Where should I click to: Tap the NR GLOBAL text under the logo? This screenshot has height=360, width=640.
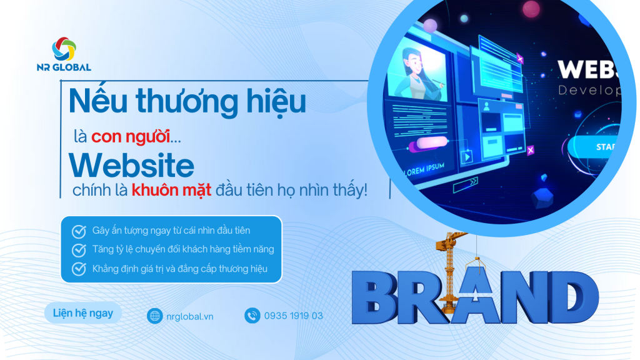64,67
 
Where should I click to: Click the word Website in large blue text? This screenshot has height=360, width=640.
131,166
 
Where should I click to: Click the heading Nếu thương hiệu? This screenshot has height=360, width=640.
187,101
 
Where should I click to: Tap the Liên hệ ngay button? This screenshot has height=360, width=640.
82,312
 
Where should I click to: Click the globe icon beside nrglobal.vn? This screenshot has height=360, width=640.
154,316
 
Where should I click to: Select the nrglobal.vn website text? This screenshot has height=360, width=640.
190,316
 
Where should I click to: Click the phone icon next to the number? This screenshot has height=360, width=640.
252,316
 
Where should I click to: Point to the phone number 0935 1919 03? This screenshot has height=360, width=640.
294,316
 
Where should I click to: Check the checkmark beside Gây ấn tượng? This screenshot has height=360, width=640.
79,231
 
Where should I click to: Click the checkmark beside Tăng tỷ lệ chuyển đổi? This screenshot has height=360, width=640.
79,250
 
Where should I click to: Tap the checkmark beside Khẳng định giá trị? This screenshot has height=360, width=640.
79,269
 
